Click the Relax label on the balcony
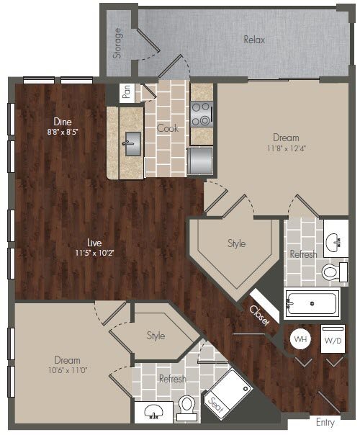coord(253,40)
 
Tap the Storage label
coord(118,43)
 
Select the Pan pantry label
coord(127,92)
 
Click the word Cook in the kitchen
coord(167,128)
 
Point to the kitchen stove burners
coord(201,115)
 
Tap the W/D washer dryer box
coord(333,339)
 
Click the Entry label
coord(325,422)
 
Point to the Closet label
coord(259,314)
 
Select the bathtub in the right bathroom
coord(312,303)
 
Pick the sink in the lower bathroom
coord(152,412)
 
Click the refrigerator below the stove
coord(201,159)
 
